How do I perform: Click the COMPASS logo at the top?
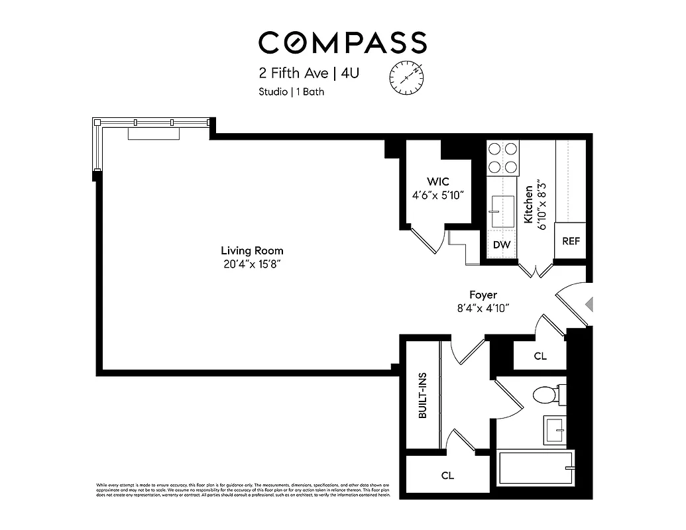tap(342, 42)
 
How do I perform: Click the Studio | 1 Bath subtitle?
tap(291, 92)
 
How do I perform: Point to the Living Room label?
tap(252, 250)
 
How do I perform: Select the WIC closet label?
tap(438, 182)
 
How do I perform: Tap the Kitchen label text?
tap(529, 203)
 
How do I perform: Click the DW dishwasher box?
tap(502, 244)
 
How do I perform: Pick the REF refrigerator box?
tap(571, 241)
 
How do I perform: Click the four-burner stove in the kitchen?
tap(503, 158)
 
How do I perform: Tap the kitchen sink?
tap(501, 210)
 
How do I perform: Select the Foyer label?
tap(483, 295)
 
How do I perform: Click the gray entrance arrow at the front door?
tap(589, 304)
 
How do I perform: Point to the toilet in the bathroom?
tap(545, 394)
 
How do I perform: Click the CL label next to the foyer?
tap(540, 356)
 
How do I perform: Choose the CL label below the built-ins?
tap(447, 475)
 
